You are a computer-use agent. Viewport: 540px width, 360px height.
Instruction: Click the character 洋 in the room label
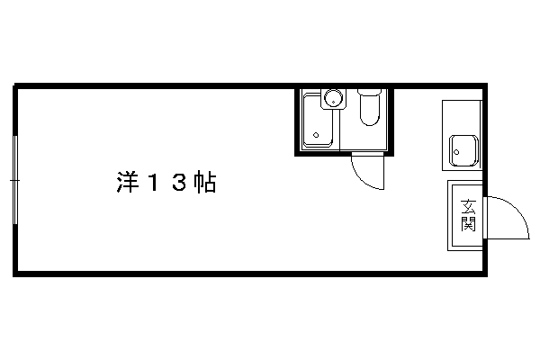pos(128,183)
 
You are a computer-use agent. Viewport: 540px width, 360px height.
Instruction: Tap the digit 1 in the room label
pos(153,183)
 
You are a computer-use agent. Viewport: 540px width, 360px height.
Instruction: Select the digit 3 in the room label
pos(179,183)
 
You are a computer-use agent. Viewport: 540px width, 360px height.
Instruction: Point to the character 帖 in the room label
pos(205,183)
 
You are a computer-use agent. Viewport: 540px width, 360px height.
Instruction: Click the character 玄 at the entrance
pos(468,208)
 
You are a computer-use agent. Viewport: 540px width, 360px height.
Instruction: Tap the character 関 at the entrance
pos(468,224)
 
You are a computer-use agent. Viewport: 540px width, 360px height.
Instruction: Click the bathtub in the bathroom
pos(318,121)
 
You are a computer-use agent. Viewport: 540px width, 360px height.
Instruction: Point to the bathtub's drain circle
pos(316,135)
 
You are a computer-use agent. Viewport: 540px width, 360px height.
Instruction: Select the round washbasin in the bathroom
pos(333,98)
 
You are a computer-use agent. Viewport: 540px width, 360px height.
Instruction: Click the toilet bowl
pos(370,110)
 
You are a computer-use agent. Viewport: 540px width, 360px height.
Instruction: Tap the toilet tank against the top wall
pos(370,92)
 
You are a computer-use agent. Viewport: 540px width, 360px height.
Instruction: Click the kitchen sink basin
pos(463,150)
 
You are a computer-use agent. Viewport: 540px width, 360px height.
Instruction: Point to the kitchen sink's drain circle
pos(456,152)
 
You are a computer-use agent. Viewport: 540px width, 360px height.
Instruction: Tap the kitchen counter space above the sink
pos(462,117)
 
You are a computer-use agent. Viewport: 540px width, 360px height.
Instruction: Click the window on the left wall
pos(14,180)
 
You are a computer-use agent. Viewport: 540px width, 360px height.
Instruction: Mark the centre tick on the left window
pos(14,180)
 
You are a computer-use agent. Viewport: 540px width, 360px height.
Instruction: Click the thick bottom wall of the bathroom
pos(344,154)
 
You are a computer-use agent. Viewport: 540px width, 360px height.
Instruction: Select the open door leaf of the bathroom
pos(383,172)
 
